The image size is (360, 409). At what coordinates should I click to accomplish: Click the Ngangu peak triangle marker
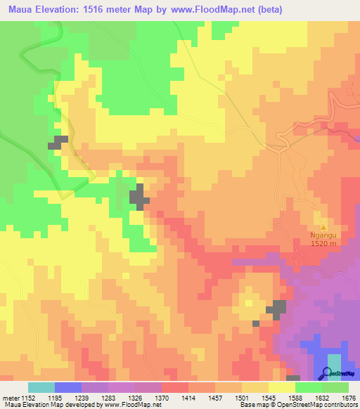point(323,227)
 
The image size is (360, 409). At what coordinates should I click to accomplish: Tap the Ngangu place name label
point(323,236)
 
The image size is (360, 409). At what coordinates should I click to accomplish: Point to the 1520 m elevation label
point(324,244)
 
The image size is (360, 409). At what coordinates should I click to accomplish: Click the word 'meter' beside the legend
point(9,397)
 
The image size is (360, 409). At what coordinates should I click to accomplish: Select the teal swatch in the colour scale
point(41,387)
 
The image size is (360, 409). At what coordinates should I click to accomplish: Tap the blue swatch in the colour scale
point(68,387)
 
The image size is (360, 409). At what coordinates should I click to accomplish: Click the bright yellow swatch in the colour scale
point(281,387)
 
